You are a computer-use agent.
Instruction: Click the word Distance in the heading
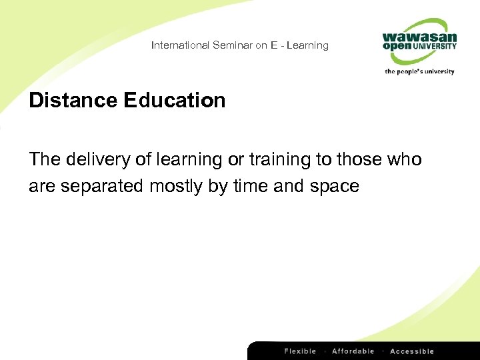tap(73, 101)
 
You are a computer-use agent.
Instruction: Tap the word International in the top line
tap(180, 45)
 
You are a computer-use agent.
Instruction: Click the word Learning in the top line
tap(308, 45)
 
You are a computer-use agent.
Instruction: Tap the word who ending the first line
tap(406, 160)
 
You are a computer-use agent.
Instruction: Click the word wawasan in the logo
tap(420, 37)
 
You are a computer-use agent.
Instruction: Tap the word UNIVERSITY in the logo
tap(435, 47)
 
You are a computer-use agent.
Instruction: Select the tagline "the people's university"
tap(419, 71)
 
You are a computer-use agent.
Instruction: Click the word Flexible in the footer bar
tap(301, 351)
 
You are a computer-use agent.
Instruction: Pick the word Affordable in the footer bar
tap(353, 351)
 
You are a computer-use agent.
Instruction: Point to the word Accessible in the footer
tap(412, 351)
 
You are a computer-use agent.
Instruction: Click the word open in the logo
tap(397, 48)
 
